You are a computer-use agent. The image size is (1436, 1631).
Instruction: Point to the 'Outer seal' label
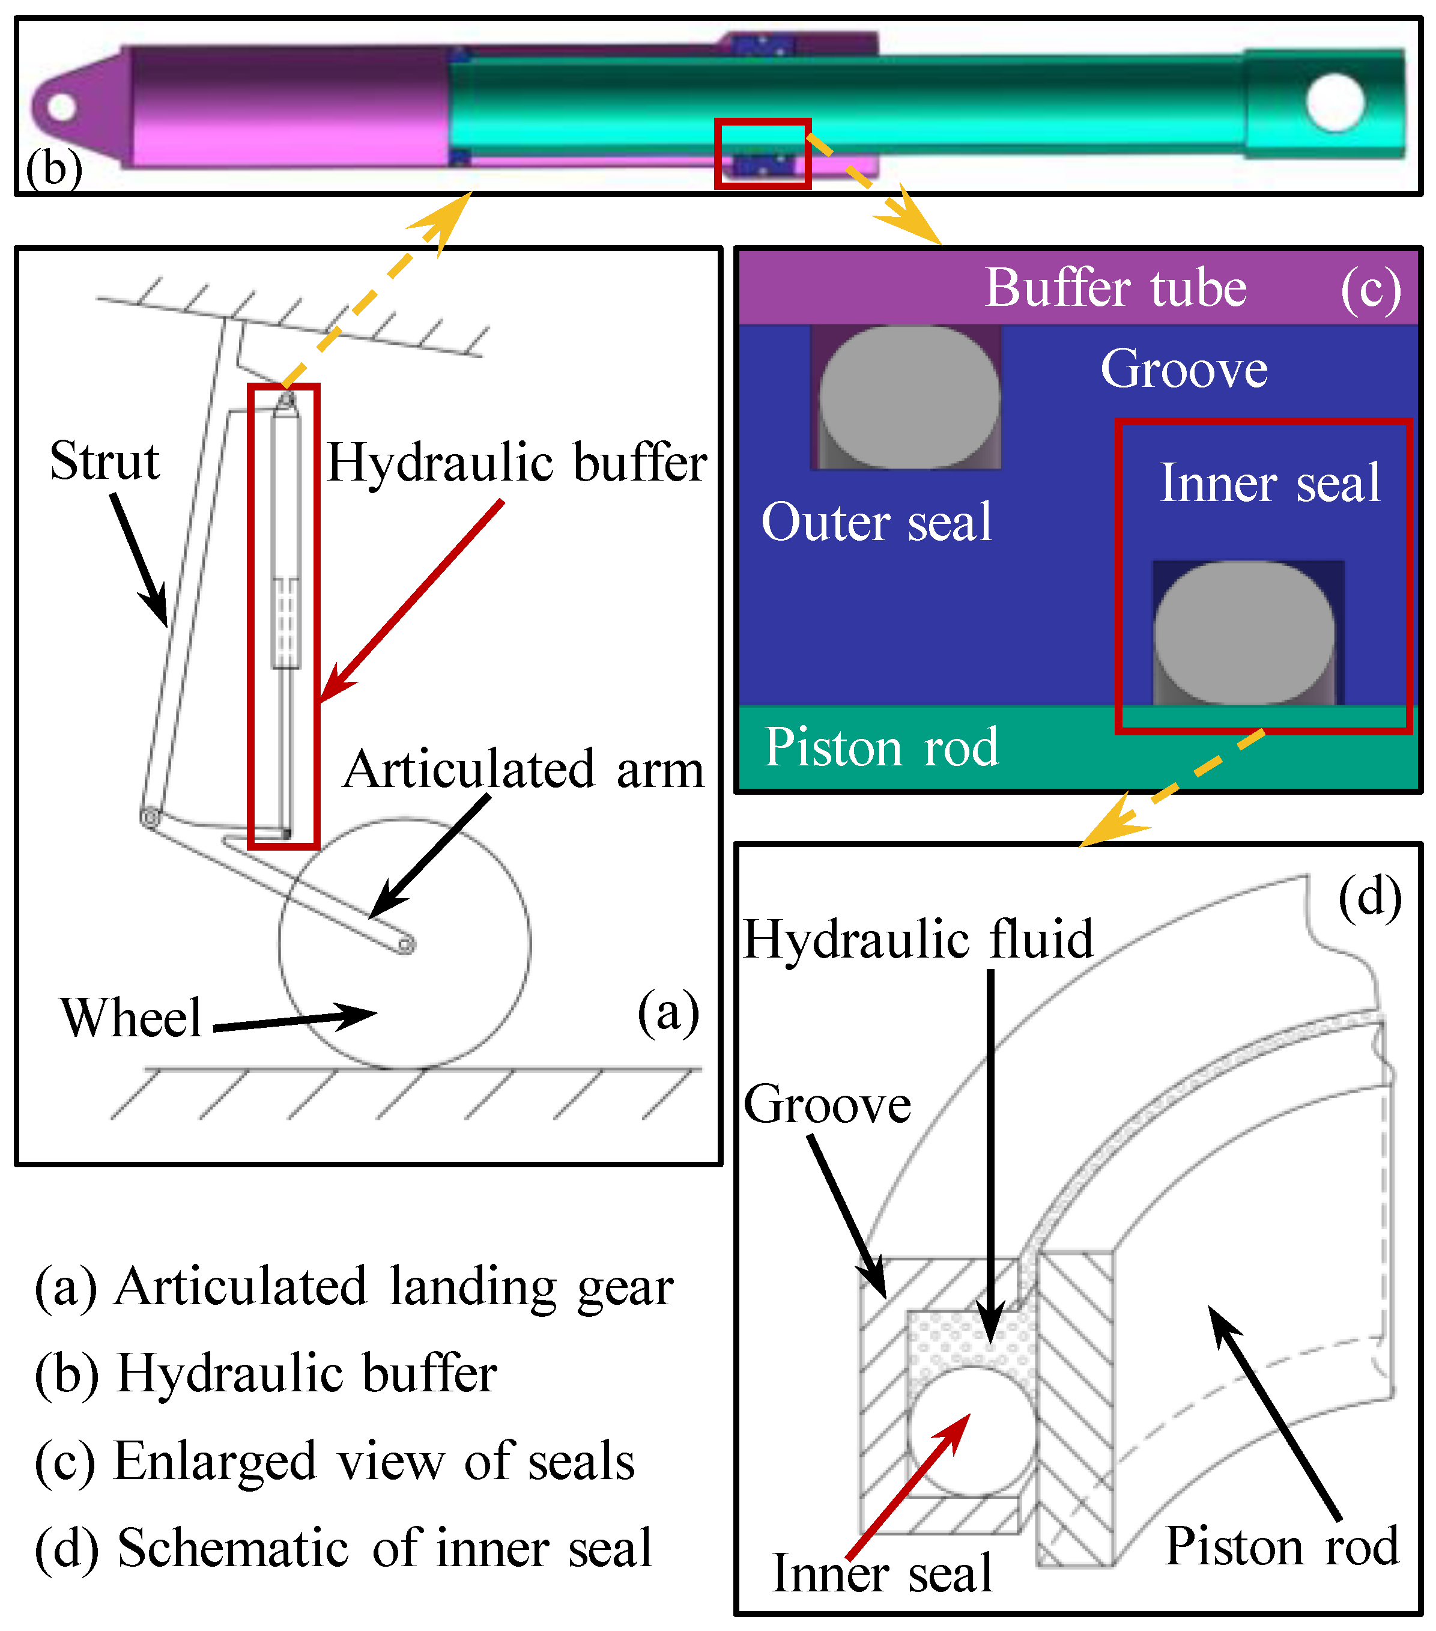[x=877, y=522]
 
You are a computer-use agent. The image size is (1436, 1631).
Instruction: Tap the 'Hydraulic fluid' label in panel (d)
[x=918, y=938]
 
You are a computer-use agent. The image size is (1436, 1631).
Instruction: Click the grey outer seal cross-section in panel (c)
[x=909, y=396]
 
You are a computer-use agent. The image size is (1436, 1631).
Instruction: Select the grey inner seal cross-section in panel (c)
[x=1244, y=633]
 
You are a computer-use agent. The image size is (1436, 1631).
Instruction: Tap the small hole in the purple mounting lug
[x=61, y=107]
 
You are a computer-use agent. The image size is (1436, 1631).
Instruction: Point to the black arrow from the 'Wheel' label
[x=295, y=1021]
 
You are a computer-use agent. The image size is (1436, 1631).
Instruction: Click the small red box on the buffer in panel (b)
[x=763, y=153]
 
